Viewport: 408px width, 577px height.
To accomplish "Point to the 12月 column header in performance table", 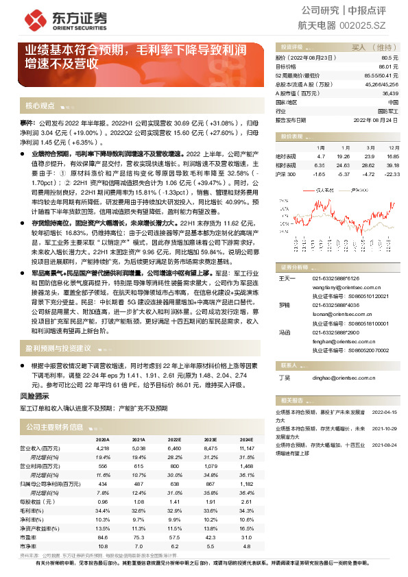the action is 393,147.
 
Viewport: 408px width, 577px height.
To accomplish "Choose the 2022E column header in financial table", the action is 174,439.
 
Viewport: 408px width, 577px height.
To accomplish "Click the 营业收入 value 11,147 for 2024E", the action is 246,447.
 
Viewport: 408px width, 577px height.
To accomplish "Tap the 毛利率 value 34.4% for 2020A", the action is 102,511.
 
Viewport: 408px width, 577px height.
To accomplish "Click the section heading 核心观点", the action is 40,106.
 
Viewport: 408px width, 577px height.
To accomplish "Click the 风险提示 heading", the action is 34,396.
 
